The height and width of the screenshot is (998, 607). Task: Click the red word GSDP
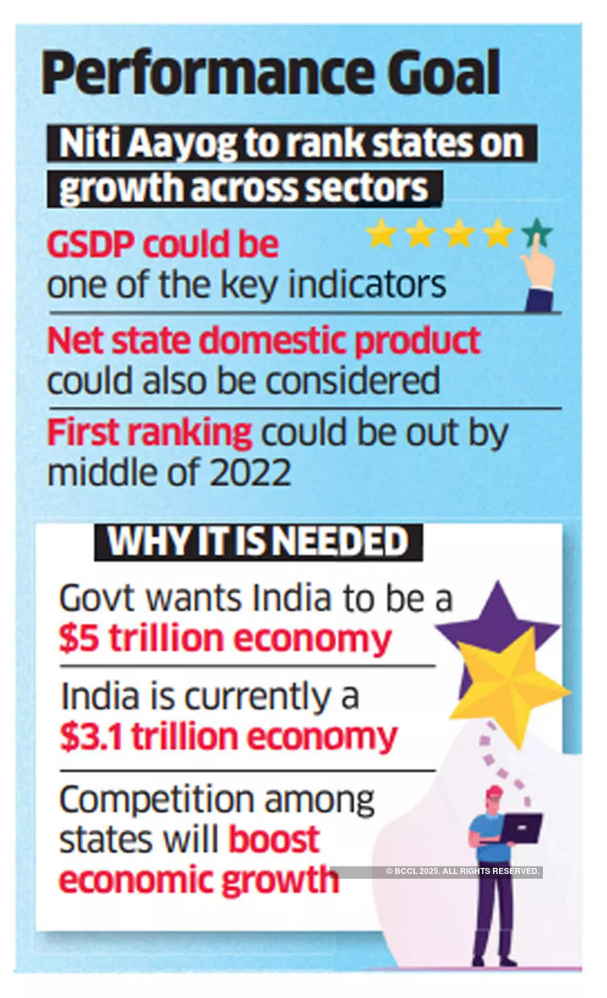click(90, 244)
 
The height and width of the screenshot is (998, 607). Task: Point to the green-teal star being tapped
click(537, 233)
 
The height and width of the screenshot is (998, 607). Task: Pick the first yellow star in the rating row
click(381, 234)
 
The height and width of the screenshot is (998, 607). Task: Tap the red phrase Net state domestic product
click(263, 340)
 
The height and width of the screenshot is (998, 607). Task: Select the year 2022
click(250, 472)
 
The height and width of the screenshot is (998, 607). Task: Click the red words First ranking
click(149, 432)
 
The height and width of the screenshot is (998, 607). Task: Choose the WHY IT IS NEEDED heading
click(258, 542)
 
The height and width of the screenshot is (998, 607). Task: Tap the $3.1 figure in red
click(92, 737)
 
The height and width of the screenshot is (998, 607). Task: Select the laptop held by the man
click(520, 828)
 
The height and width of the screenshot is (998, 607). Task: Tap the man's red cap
click(494, 791)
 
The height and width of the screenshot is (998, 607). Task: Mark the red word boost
click(274, 840)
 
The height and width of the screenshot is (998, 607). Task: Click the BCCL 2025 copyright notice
click(463, 871)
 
